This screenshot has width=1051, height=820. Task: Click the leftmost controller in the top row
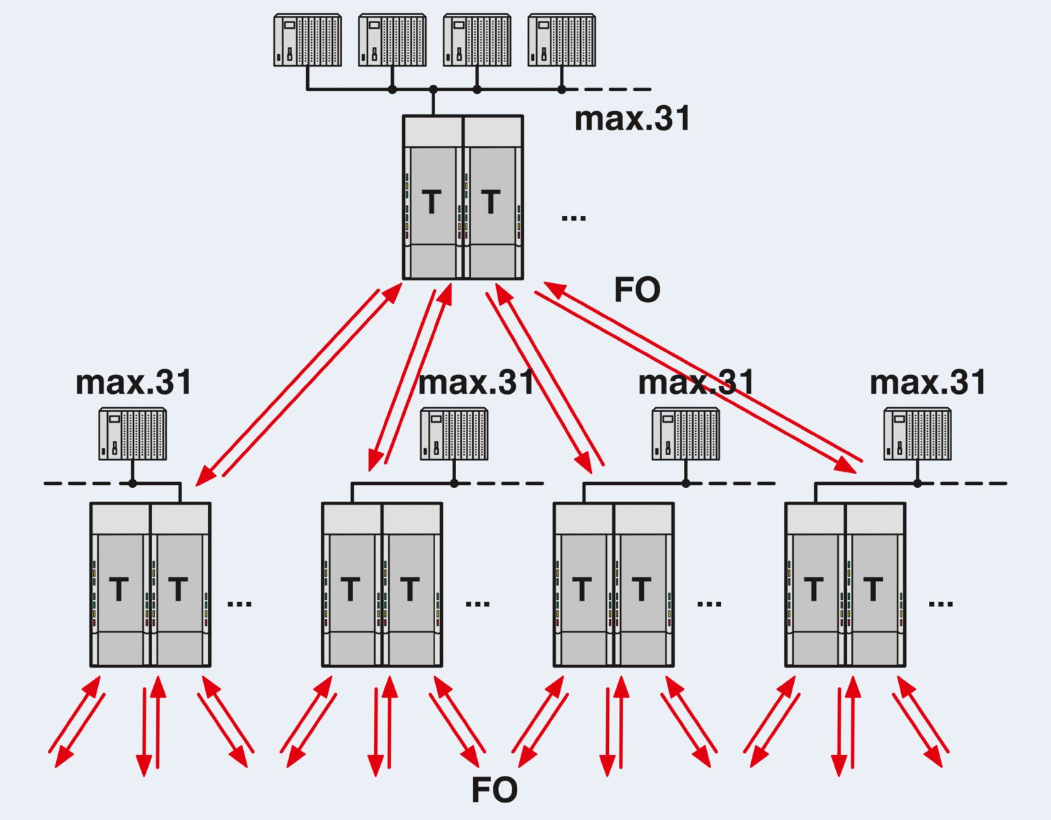click(307, 40)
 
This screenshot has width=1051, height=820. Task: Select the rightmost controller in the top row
click(561, 40)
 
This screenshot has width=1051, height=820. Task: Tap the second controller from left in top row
click(392, 40)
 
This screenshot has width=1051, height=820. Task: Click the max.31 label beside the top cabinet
click(632, 118)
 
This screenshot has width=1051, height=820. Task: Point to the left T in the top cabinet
click(432, 203)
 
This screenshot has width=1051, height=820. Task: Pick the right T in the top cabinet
click(490, 203)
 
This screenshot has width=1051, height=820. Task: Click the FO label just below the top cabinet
click(637, 289)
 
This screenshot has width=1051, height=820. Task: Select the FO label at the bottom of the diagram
click(494, 790)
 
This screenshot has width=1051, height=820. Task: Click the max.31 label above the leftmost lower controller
click(133, 383)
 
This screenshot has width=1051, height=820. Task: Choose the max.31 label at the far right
click(928, 383)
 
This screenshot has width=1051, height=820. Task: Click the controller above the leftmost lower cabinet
click(132, 435)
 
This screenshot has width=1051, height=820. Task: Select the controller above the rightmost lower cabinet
click(917, 435)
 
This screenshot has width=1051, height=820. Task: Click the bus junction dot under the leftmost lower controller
click(132, 483)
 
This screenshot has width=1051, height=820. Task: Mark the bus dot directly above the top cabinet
click(433, 90)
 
